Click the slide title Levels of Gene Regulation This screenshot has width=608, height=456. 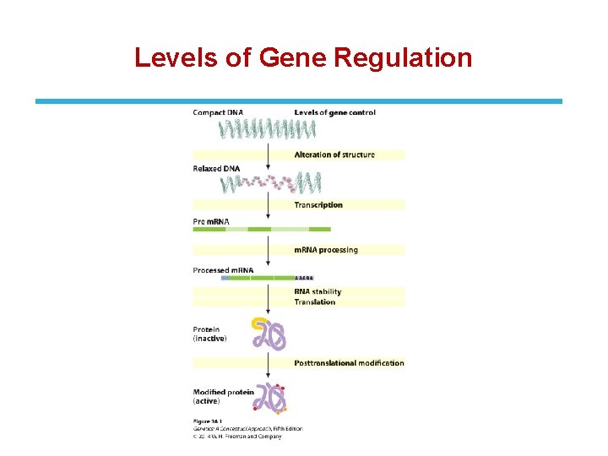(303, 57)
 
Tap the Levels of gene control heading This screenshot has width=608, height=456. (334, 112)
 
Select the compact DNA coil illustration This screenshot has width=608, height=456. (267, 129)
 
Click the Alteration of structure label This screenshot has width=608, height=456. (334, 155)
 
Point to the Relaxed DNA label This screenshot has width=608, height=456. (216, 169)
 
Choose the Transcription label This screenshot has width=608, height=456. (318, 204)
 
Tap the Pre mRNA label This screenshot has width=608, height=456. (211, 221)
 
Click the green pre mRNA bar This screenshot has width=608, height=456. (263, 229)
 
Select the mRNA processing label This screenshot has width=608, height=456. (325, 250)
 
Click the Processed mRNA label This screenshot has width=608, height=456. (223, 270)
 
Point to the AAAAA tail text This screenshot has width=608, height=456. (304, 278)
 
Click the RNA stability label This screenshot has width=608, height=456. (318, 292)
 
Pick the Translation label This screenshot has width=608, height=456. (314, 301)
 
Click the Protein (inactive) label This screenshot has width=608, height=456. (209, 334)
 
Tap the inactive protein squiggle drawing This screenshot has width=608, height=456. (269, 334)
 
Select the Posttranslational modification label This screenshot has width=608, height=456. (349, 363)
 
